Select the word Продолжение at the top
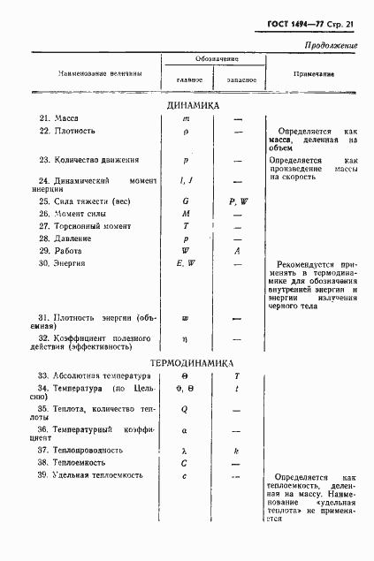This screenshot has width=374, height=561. click(330, 44)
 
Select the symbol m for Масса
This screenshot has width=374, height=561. click(187, 118)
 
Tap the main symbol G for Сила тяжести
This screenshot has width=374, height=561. click(187, 201)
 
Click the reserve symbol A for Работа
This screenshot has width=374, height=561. click(237, 250)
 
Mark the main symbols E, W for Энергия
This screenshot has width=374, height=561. click(187, 262)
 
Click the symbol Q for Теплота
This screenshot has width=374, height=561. click(187, 409)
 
